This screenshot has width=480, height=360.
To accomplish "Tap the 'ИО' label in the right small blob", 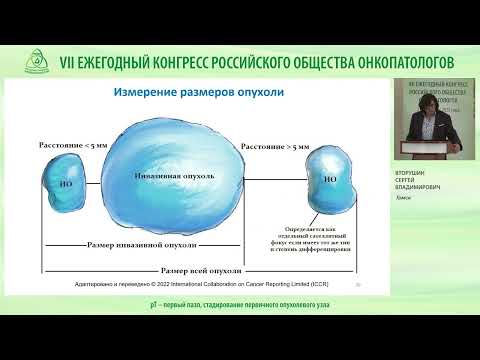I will (x=330, y=181).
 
